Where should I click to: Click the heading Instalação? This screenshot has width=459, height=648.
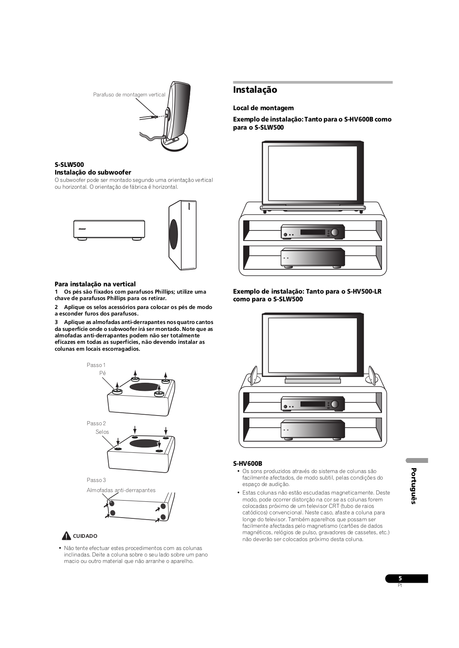coord(255,90)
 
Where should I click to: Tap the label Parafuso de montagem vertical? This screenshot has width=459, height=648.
coord(129,95)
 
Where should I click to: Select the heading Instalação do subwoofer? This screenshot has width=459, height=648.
coord(93,172)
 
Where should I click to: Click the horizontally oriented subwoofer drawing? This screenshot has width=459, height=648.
coord(109,230)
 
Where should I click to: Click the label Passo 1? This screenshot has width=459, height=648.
coord(96,365)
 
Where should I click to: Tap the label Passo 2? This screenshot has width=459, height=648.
coord(96,423)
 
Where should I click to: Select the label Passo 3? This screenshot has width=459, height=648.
coord(96,480)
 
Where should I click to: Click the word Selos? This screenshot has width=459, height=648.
coord(102,432)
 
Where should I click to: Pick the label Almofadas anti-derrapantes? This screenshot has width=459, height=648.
coord(121,490)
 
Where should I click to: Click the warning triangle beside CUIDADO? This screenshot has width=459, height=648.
coord(66,536)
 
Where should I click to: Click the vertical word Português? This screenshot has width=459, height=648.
coord(413,486)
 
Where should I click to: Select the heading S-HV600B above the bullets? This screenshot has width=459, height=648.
coord(247,463)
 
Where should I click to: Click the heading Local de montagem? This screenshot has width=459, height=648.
coord(263,108)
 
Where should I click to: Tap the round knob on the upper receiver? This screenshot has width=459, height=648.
coord(335,232)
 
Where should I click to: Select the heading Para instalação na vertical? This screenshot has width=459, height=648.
coord(95,284)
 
